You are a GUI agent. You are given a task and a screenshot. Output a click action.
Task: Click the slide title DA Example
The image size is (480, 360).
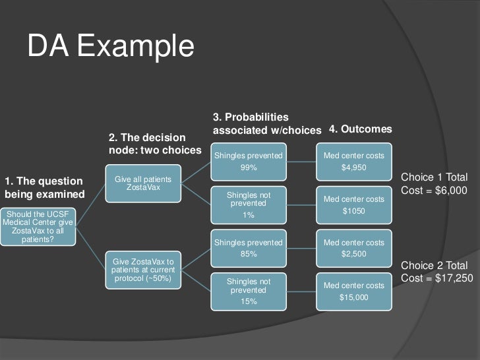click(111, 47)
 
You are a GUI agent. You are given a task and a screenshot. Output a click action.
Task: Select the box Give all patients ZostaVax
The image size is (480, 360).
click(143, 183)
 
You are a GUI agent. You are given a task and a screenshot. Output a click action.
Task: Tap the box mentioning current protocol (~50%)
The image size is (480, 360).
click(143, 270)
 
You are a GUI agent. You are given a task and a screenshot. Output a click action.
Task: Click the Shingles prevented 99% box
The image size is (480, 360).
click(249, 162)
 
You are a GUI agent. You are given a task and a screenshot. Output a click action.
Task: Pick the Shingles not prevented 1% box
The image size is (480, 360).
click(249, 204)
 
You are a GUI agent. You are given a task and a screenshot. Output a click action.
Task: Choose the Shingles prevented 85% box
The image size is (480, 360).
click(249, 248)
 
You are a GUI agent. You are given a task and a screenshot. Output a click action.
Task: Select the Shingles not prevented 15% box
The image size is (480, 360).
click(249, 291)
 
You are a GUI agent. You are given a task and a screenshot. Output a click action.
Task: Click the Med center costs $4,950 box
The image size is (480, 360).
click(353, 162)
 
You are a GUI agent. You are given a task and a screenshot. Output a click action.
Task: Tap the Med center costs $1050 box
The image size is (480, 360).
click(353, 204)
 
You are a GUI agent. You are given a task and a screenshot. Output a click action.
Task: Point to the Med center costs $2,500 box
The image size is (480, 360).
click(353, 248)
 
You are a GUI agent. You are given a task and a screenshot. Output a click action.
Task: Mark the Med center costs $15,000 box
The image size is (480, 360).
click(353, 291)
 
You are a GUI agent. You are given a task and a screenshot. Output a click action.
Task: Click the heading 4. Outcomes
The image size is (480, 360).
click(360, 130)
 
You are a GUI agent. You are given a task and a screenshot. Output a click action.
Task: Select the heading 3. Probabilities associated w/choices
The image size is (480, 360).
click(267, 123)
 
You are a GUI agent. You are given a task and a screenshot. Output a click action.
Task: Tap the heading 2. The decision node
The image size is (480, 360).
click(154, 144)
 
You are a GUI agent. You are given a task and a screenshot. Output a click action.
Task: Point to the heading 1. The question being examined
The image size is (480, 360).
click(45, 187)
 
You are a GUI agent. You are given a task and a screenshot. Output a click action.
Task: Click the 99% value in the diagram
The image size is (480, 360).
click(249, 167)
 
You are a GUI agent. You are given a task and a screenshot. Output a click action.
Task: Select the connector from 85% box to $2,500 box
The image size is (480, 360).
click(301, 248)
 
